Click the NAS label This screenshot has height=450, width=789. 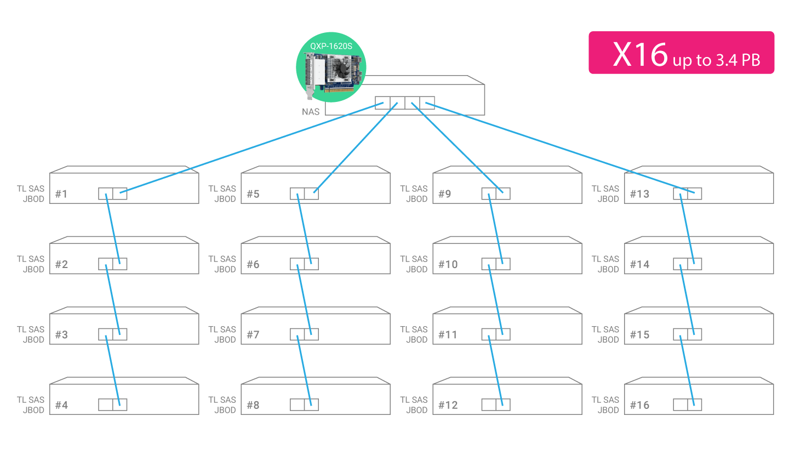(311, 112)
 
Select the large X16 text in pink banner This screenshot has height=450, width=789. (640, 55)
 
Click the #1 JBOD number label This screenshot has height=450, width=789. (61, 194)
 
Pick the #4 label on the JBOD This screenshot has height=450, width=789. (61, 406)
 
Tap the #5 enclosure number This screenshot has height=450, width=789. (253, 194)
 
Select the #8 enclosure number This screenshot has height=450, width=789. (253, 406)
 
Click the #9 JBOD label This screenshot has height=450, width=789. (444, 194)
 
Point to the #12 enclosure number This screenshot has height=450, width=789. (448, 406)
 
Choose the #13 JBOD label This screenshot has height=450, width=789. (639, 194)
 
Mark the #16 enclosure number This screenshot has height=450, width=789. (639, 406)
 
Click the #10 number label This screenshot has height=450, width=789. (448, 265)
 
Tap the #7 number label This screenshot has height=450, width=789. (253, 335)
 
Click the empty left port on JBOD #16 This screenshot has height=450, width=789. (680, 405)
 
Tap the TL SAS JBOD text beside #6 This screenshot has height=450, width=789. (222, 264)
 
